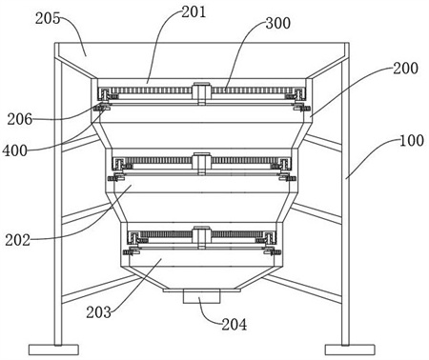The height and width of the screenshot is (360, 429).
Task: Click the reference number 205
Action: click(48, 18)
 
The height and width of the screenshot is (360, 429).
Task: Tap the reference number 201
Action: click(194, 12)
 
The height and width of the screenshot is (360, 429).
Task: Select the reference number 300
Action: click(278, 23)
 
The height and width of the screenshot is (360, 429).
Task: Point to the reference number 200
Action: click(405, 68)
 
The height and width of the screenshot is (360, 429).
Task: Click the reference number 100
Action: click(412, 140)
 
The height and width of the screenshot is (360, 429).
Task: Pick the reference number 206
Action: click(20, 119)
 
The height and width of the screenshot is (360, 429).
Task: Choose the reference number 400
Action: click(15, 150)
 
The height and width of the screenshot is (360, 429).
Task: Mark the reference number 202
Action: click(17, 240)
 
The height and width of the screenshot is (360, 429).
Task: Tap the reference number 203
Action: click(99, 312)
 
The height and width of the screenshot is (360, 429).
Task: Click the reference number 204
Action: click(234, 325)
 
